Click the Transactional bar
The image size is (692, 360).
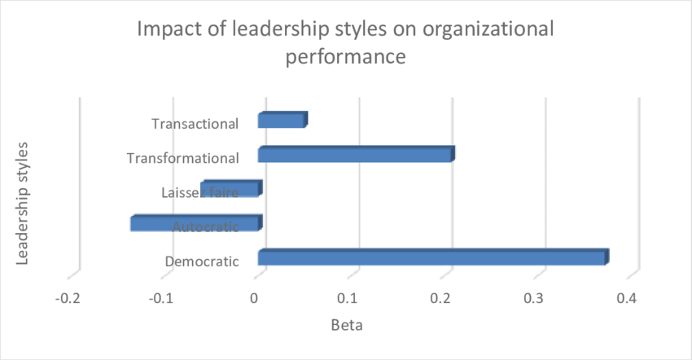(x=282, y=121)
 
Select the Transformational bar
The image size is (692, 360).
(x=355, y=155)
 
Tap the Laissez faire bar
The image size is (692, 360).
(x=231, y=189)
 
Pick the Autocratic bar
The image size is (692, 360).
(x=196, y=223)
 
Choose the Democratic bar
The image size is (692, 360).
(x=432, y=258)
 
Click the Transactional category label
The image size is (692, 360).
(x=195, y=125)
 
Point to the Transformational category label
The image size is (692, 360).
(x=183, y=158)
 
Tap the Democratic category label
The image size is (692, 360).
(x=202, y=262)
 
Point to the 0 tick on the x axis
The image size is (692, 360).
(x=256, y=299)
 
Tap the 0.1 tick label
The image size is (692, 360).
(x=348, y=299)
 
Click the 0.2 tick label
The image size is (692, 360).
(x=440, y=299)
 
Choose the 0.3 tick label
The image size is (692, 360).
(x=533, y=299)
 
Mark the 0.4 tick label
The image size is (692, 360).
(x=626, y=299)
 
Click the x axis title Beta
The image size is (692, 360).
(x=347, y=326)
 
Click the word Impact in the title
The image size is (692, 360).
(x=168, y=30)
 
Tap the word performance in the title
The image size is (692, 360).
(x=347, y=58)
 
